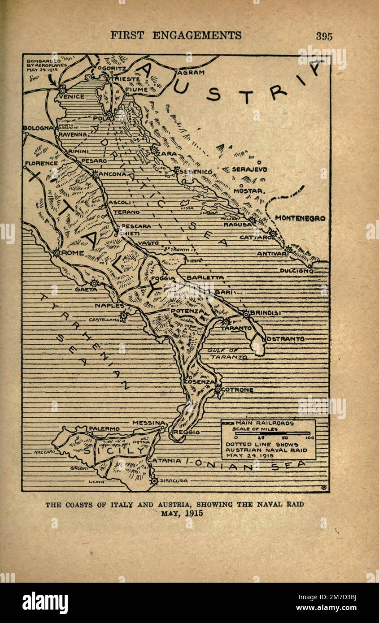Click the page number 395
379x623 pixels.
point(324,36)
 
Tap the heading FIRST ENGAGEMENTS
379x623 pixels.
point(176,35)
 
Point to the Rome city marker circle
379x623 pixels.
point(57,253)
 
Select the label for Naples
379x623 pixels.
point(109,305)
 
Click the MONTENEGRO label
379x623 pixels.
point(300,218)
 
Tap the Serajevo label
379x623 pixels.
point(249,169)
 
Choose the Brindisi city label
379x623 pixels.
point(266,313)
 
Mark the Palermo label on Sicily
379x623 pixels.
point(104,428)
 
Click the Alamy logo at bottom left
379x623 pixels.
point(45,602)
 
